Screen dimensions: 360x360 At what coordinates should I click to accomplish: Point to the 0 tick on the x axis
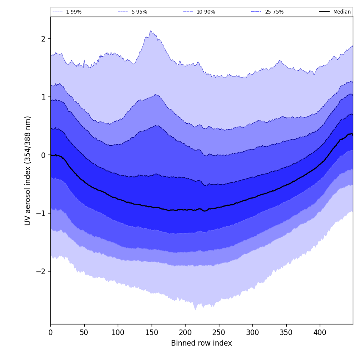pos(50,332)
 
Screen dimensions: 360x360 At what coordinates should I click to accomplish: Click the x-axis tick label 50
pos(84,332)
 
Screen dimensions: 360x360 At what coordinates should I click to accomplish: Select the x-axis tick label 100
pos(118,332)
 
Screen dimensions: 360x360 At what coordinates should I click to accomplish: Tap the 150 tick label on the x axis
pos(151,332)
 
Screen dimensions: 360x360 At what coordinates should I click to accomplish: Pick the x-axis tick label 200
pos(185,332)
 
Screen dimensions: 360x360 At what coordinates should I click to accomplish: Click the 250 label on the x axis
pos(219,332)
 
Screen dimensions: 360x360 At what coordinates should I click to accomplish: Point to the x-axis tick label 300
pos(252,332)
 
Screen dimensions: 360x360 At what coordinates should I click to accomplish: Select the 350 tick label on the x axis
pos(286,332)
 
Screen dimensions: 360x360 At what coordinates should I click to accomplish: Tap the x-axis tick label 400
pos(320,332)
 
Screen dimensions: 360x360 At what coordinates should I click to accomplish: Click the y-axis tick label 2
pos(43,39)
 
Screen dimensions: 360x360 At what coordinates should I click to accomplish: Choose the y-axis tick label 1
pos(43,97)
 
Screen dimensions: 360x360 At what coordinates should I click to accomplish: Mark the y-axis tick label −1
pos(41,213)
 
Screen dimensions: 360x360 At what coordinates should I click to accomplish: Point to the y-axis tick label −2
pos(41,271)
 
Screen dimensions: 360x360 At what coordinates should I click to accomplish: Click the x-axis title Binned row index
pos(202,343)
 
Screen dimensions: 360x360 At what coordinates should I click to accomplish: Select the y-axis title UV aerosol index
pos(28,170)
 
